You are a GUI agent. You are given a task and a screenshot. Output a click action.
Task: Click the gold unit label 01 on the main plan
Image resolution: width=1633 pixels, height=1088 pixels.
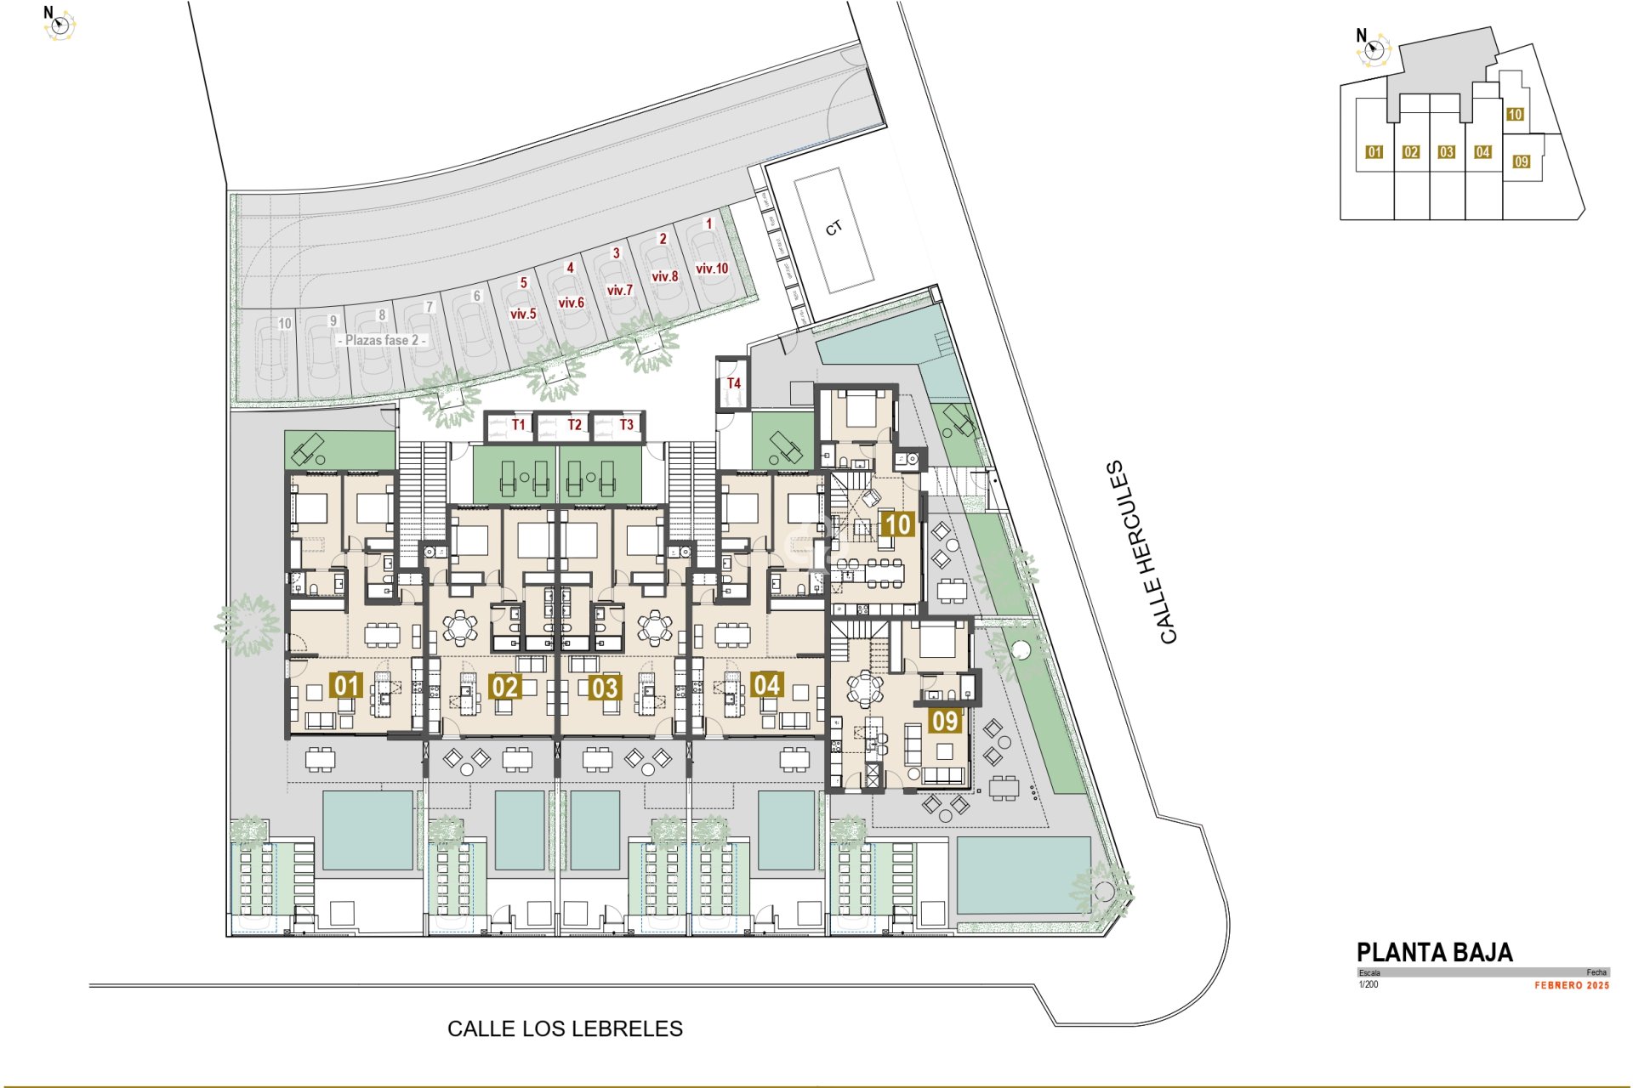point(346,685)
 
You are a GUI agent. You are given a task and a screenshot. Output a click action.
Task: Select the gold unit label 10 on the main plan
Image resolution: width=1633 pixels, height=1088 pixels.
point(898,524)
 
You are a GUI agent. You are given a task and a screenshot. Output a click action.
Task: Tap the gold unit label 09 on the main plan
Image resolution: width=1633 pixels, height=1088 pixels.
point(945,721)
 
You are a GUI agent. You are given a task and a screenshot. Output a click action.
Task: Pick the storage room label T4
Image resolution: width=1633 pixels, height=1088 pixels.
point(733,383)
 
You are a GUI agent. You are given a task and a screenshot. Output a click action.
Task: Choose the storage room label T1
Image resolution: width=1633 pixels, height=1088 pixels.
point(519,425)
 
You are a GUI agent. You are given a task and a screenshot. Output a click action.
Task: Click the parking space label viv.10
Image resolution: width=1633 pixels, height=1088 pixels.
point(712,269)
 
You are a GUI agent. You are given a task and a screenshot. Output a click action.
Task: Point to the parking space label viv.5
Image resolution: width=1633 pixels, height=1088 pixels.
point(523,314)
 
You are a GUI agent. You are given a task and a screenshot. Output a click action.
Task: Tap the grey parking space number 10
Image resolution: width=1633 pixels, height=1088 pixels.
point(285,324)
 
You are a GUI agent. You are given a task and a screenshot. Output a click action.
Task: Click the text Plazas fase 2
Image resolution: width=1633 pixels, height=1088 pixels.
point(382,340)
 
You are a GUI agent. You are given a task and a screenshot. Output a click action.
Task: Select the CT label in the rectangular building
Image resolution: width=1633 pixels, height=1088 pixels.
point(834,228)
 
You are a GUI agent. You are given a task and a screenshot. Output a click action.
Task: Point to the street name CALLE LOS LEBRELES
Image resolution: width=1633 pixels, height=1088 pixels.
point(565,1028)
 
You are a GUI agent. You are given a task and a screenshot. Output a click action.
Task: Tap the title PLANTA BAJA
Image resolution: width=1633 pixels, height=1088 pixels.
point(1434,952)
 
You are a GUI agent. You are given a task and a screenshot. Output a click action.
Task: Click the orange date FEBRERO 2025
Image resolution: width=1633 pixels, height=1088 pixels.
point(1572,985)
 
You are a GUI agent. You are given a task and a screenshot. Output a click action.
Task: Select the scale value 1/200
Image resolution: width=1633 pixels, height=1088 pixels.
point(1368,984)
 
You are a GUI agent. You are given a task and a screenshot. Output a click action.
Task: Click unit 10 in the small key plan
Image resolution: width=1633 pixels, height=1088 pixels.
point(1515,115)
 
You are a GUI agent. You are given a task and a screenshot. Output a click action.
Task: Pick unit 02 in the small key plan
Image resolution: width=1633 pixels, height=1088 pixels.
point(1411,152)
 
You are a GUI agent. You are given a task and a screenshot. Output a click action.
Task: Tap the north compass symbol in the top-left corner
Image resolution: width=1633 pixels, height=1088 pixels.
point(59,25)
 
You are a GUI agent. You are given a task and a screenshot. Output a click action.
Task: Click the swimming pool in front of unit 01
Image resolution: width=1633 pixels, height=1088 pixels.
point(367,830)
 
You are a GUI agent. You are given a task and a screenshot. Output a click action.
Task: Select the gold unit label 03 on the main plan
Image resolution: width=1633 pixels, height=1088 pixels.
point(605,687)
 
